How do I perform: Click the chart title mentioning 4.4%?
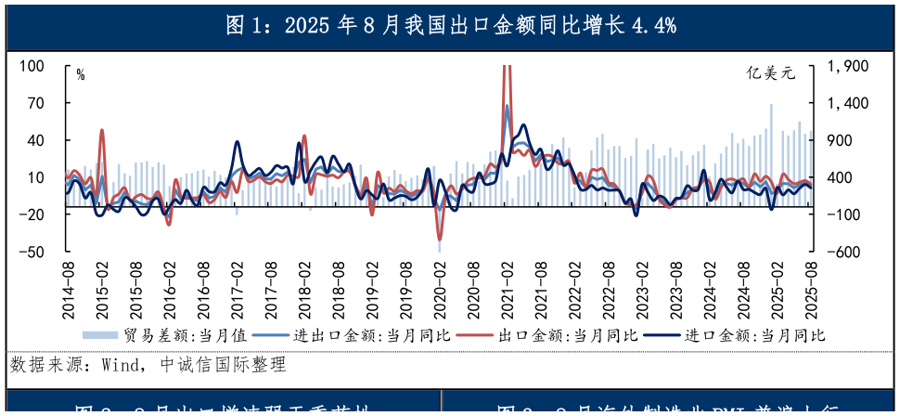[x=450, y=25]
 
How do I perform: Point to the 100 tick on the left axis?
[x=32, y=67]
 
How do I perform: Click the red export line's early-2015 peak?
[x=102, y=131]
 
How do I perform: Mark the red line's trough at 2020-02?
[x=440, y=238]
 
